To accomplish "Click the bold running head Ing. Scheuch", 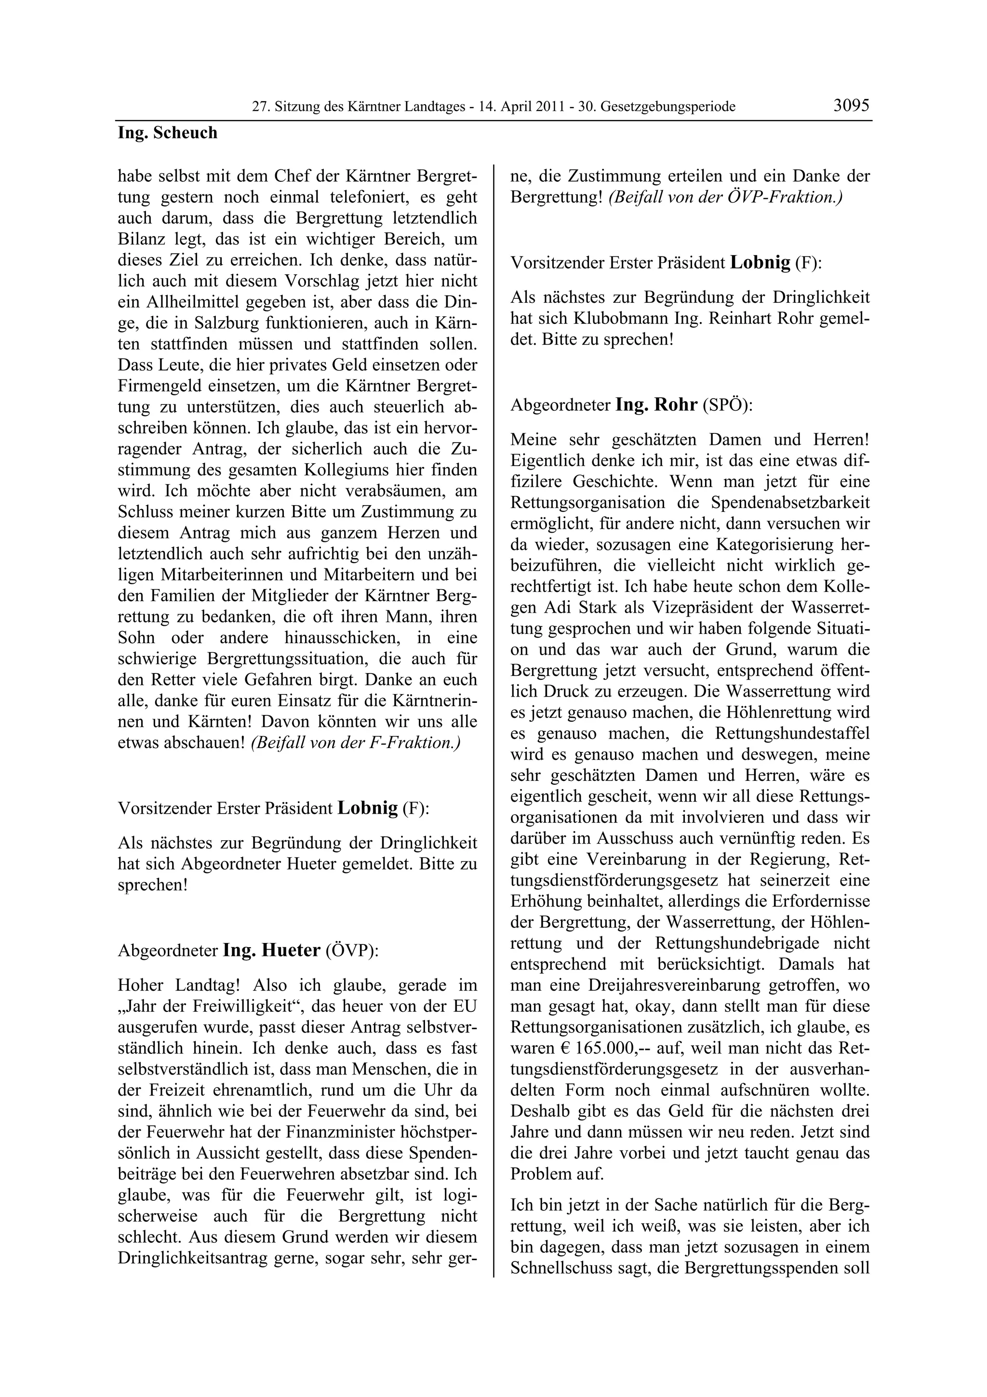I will pyautogui.click(x=167, y=133).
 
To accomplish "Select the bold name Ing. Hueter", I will pyautogui.click(x=271, y=950).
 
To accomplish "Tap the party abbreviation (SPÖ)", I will pyautogui.click(x=727, y=406).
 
